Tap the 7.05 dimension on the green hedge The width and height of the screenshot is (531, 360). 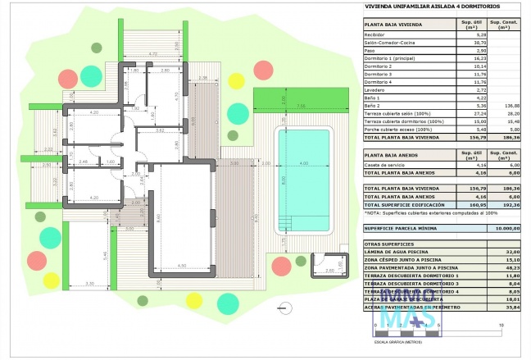[300, 106]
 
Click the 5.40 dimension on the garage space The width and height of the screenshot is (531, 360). [105, 256]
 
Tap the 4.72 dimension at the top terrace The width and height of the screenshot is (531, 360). [152, 55]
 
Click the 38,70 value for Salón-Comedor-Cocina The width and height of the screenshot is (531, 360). [468, 43]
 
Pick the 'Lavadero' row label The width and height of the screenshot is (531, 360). [376, 89]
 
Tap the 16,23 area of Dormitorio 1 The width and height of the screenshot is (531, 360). [468, 58]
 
